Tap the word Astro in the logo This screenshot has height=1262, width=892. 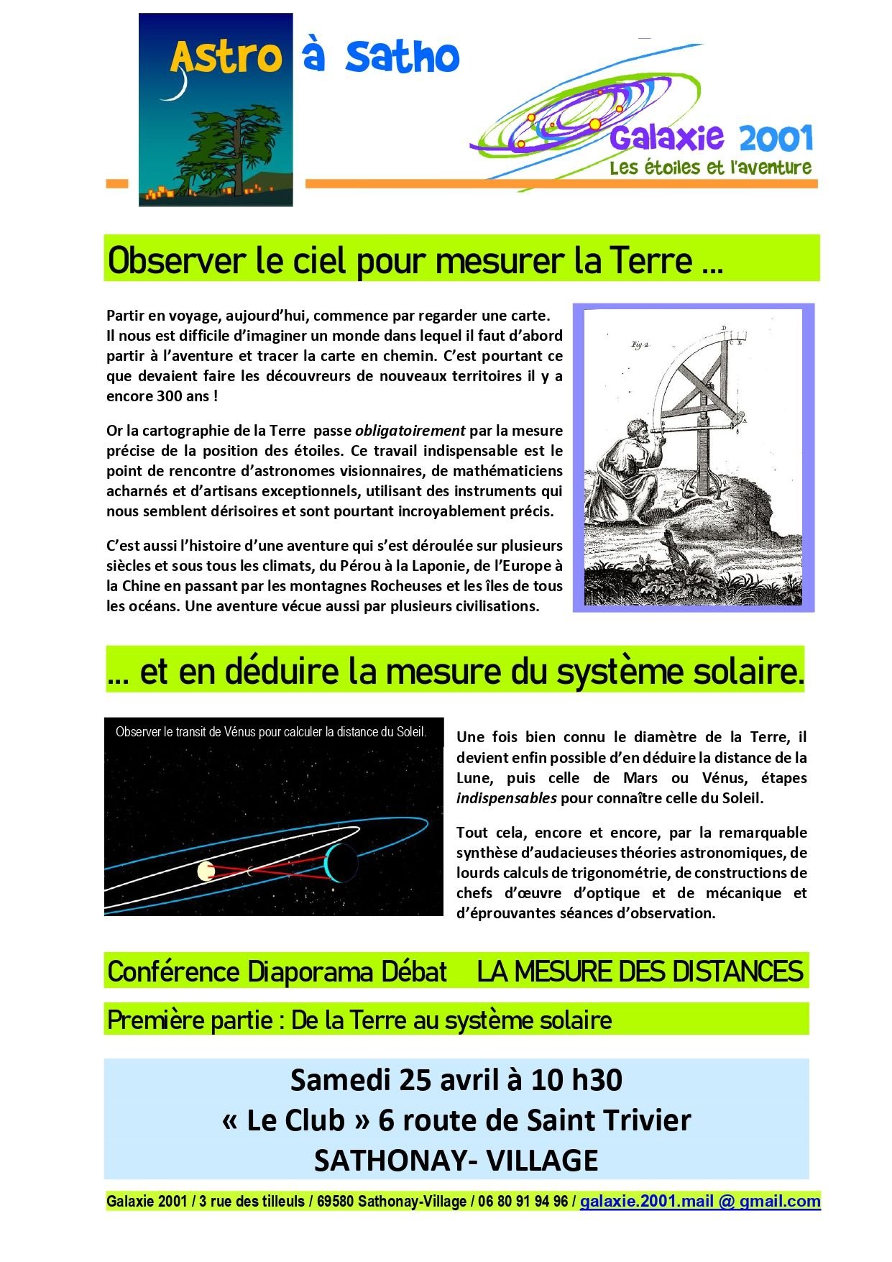click(225, 58)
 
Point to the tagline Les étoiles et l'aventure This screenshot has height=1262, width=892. click(710, 168)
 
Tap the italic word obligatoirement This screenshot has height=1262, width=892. click(410, 431)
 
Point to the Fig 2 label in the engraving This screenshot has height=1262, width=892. click(640, 345)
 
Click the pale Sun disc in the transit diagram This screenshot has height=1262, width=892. click(206, 872)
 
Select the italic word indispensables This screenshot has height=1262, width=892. click(506, 797)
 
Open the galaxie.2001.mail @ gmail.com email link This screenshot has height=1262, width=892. click(700, 1202)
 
